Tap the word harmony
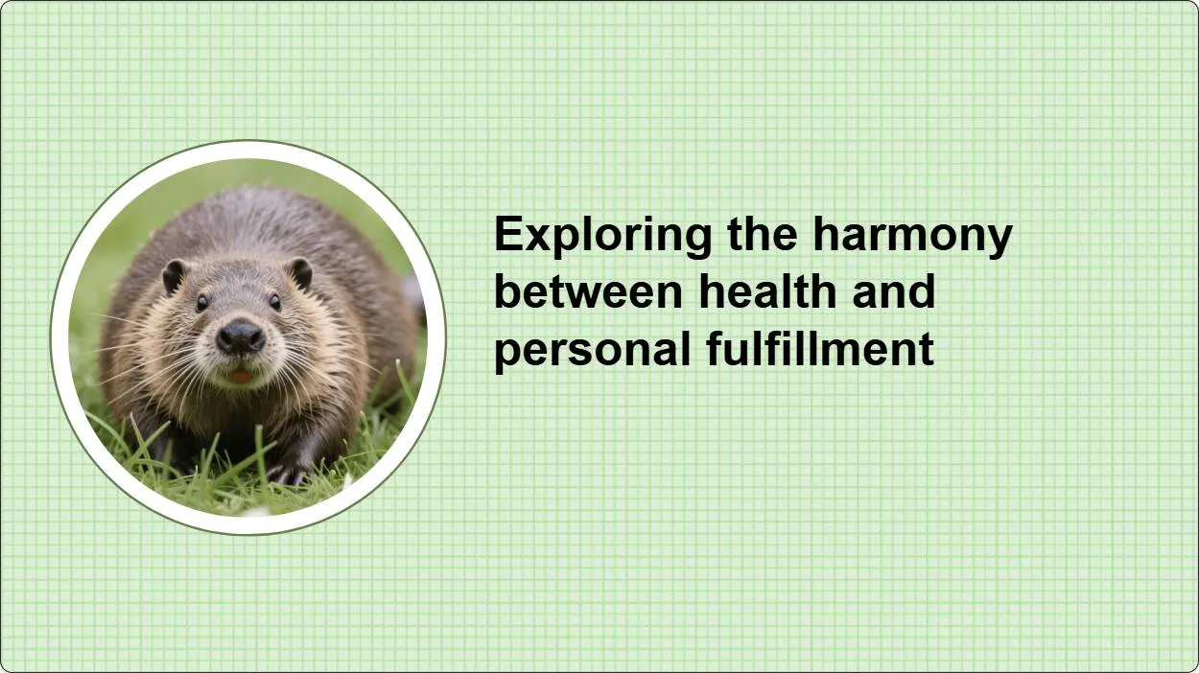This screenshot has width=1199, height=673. (912, 235)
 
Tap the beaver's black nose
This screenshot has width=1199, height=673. (240, 336)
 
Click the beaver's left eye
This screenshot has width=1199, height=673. (274, 301)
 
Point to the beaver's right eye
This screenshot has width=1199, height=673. (201, 302)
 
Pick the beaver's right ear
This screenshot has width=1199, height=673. (174, 276)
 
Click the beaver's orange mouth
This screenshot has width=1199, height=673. (240, 376)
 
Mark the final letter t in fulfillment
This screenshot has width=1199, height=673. (927, 349)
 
